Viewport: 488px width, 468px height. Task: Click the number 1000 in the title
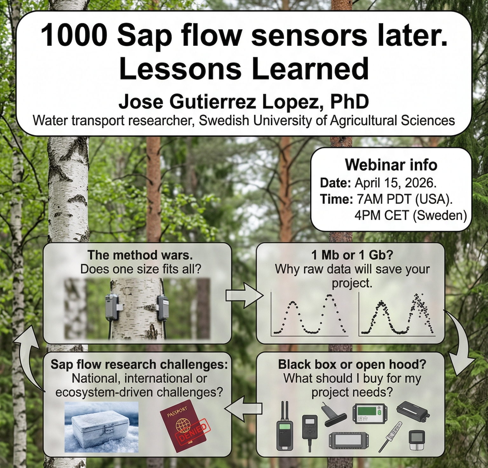(72, 36)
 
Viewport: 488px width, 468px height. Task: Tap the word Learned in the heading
(310, 69)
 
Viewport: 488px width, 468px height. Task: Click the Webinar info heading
(391, 165)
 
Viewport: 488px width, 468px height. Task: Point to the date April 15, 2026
(395, 183)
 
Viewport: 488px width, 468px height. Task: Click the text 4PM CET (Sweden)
(410, 216)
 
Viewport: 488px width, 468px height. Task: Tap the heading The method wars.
(140, 255)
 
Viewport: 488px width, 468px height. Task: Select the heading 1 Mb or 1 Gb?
(352, 255)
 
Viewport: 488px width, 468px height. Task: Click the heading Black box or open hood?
(352, 364)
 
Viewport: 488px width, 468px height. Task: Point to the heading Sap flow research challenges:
(139, 364)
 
